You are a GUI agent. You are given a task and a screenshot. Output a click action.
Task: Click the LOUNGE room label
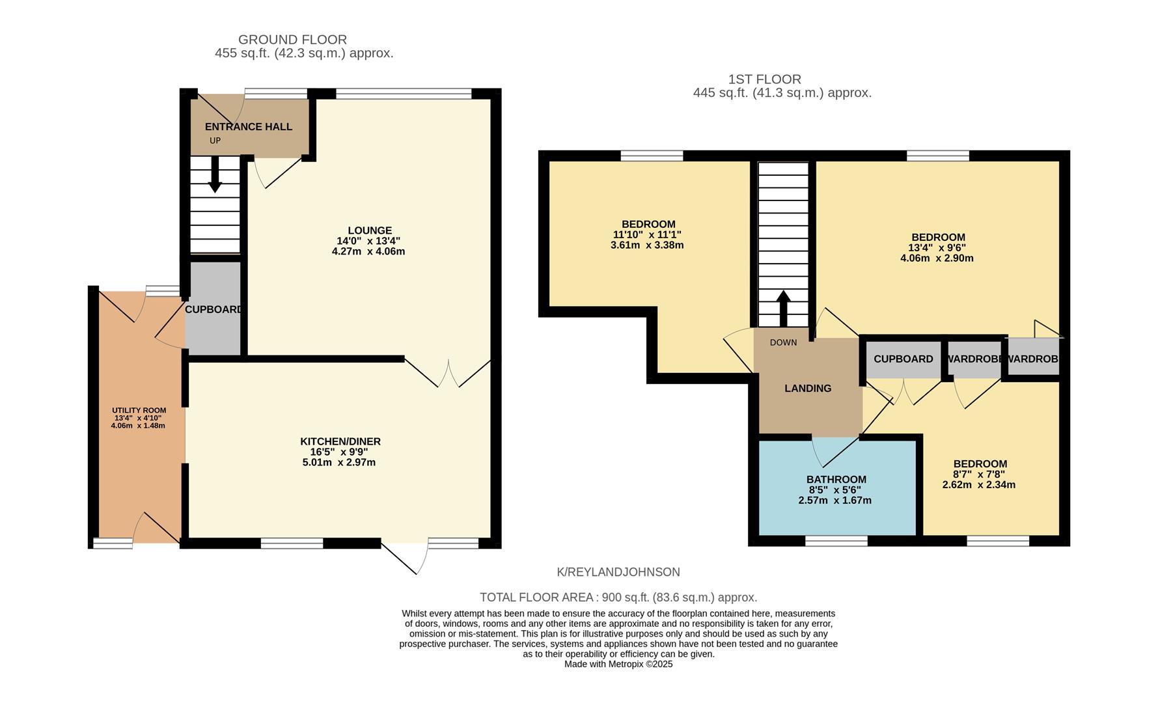click(x=370, y=230)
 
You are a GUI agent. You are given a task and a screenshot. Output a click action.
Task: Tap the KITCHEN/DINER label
click(x=340, y=441)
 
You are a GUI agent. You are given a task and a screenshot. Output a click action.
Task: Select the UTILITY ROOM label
click(x=139, y=410)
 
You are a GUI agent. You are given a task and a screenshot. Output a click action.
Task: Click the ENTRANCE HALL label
click(x=249, y=127)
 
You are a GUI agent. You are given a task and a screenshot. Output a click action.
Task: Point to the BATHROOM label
click(x=836, y=480)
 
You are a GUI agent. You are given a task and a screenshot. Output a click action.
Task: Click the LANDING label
click(x=808, y=389)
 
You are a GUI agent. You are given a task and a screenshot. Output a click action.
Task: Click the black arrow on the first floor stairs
click(x=783, y=308)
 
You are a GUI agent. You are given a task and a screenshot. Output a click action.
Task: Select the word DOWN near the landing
click(x=783, y=343)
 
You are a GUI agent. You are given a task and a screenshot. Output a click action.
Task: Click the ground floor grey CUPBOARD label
click(x=214, y=310)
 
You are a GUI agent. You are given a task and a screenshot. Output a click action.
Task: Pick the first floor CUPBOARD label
click(x=903, y=359)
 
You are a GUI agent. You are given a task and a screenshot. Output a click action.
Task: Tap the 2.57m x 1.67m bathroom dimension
click(x=834, y=501)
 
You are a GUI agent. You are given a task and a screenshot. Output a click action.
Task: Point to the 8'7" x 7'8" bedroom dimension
click(x=979, y=475)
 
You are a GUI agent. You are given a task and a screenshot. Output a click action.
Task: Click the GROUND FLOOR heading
click(x=292, y=40)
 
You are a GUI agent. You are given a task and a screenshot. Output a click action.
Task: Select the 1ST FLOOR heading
click(x=764, y=79)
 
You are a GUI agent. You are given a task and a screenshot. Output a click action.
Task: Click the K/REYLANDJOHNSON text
click(x=618, y=572)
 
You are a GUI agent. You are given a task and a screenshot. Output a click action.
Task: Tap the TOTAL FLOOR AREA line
click(x=618, y=598)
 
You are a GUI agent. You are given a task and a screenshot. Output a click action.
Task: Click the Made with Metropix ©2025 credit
click(x=618, y=665)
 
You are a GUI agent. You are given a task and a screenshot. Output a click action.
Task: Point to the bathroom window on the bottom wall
click(x=836, y=540)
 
